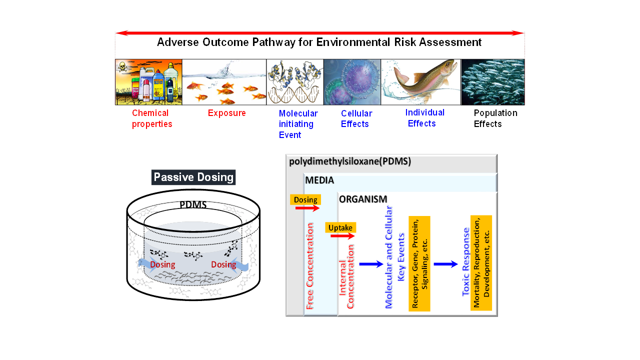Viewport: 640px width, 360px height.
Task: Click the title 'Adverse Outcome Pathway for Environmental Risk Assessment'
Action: [x=319, y=42]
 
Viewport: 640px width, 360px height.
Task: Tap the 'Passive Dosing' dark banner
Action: [x=193, y=177]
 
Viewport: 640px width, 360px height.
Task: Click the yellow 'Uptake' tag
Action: [x=340, y=228]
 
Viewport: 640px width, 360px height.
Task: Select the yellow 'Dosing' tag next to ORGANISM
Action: [x=305, y=199]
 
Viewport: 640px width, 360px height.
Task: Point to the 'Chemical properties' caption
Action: [x=152, y=118]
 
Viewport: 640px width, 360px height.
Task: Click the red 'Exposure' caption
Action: [x=227, y=113]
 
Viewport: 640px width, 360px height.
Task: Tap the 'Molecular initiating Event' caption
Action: [x=298, y=124]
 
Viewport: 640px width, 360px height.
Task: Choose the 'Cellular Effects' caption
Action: [x=356, y=118]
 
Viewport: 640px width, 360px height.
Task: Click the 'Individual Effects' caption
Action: [x=424, y=118]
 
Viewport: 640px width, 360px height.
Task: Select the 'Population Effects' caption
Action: [x=495, y=118]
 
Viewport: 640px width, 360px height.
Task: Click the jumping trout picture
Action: [x=420, y=82]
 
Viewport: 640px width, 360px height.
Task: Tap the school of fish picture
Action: [x=492, y=82]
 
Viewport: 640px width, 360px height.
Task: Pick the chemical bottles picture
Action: [x=148, y=82]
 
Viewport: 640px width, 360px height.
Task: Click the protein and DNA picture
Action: [x=294, y=82]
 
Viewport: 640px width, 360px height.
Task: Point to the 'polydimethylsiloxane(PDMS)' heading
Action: [x=350, y=162]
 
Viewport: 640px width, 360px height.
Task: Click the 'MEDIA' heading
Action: [x=319, y=180]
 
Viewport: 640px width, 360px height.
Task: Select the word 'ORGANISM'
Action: [x=363, y=199]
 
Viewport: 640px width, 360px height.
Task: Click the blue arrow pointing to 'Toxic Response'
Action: [x=445, y=264]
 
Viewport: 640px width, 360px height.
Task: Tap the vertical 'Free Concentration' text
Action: [x=310, y=266]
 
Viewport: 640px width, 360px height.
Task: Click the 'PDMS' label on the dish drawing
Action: [x=193, y=205]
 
